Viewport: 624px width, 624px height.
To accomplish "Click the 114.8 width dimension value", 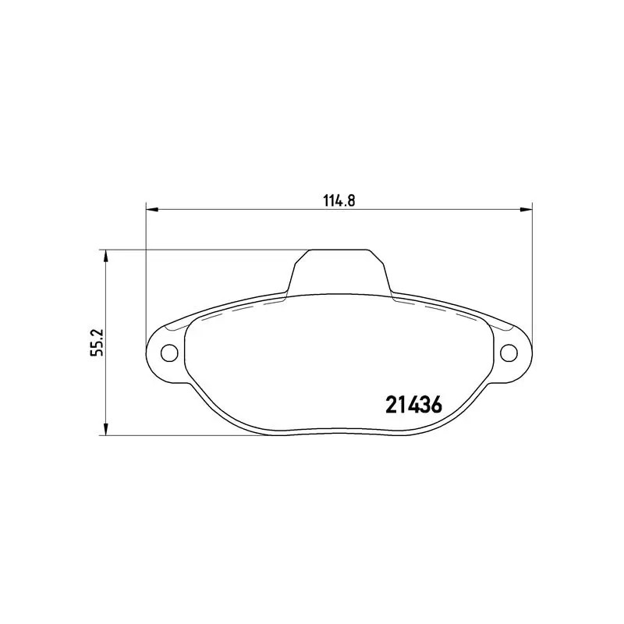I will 339,199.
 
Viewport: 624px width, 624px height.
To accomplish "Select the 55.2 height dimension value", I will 96,342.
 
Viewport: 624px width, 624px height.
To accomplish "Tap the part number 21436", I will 414,405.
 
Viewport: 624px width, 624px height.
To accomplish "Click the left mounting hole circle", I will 168,353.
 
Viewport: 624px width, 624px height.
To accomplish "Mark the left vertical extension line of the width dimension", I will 147,273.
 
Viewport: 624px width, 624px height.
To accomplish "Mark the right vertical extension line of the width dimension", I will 532,273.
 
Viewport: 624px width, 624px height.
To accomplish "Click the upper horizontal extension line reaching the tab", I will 203,250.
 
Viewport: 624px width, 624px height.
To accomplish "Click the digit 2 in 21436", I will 392,405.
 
